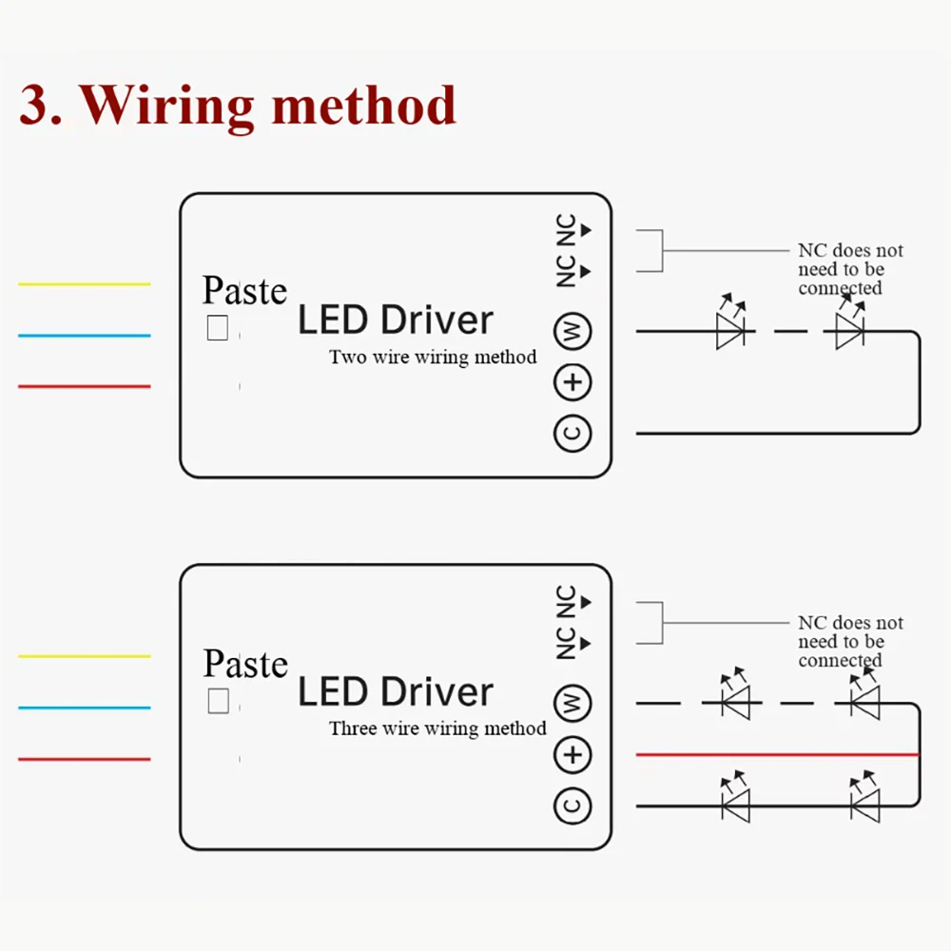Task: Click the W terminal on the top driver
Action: pos(573,332)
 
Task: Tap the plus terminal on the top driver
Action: pos(573,383)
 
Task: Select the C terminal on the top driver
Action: pos(573,433)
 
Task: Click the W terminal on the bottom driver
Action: pos(573,705)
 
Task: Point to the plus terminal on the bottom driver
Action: pos(573,756)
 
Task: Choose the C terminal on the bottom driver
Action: pos(573,805)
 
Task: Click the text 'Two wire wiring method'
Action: pos(433,358)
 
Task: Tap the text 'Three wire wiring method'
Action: pos(437,729)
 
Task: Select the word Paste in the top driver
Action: pos(244,291)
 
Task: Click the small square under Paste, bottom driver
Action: pos(218,702)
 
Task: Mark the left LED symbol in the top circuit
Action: pos(731,331)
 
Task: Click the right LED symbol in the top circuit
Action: pos(848,331)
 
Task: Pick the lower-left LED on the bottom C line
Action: pos(735,805)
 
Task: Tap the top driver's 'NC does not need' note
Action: pos(850,269)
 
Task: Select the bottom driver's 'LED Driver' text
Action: pos(396,692)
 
